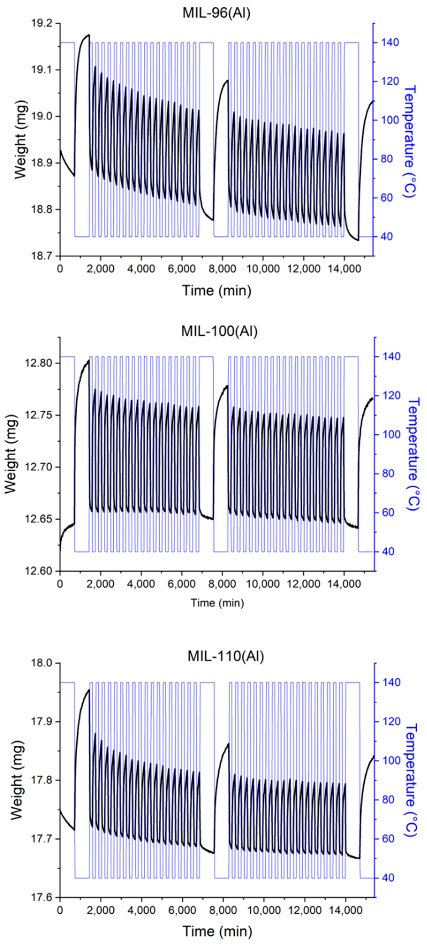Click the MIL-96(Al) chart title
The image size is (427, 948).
tap(217, 13)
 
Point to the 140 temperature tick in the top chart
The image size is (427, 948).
tap(386, 43)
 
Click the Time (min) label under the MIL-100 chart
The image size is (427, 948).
tap(217, 603)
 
